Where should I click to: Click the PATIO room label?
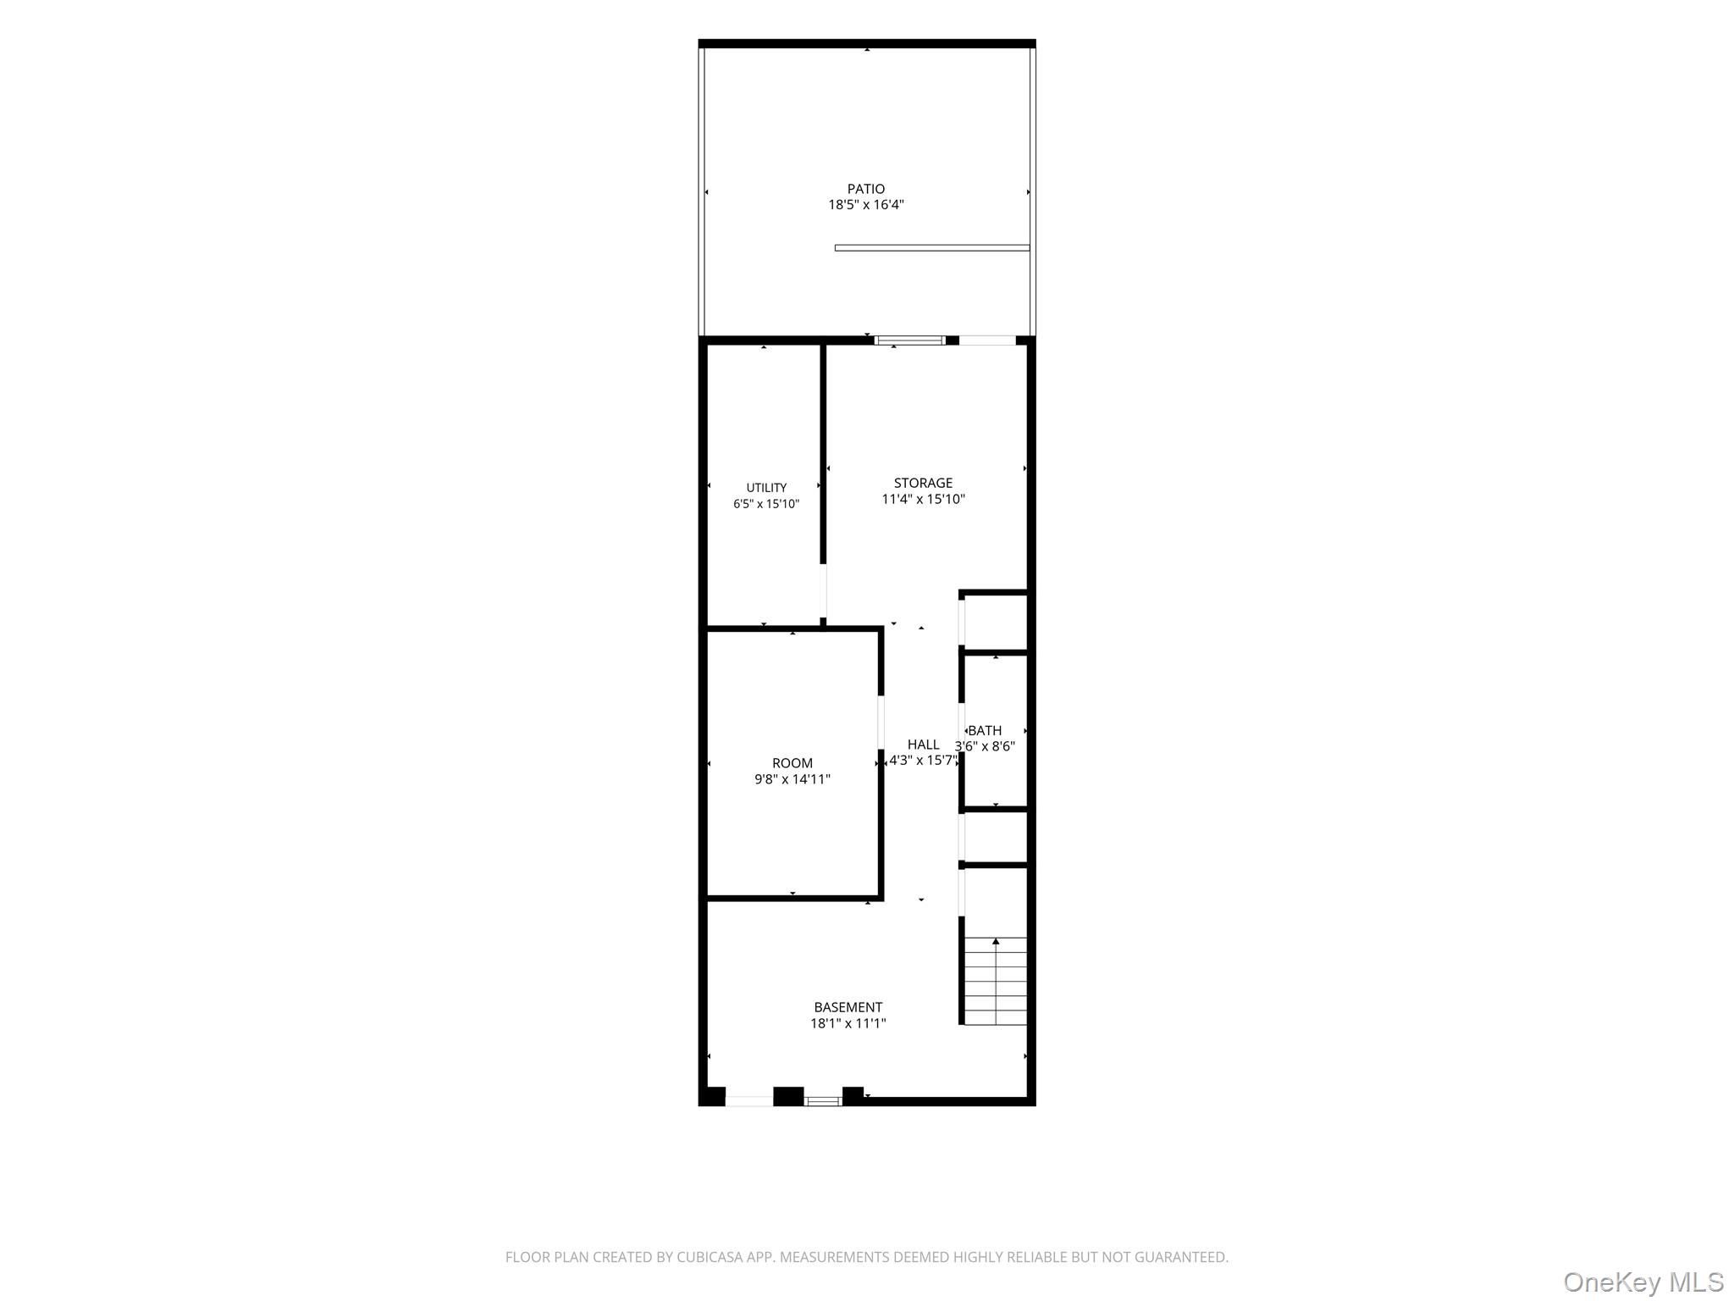tap(866, 189)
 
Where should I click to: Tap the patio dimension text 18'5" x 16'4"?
tap(866, 204)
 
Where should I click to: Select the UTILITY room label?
tap(766, 488)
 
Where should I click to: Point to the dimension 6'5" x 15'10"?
tap(766, 504)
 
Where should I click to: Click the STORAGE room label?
tap(923, 483)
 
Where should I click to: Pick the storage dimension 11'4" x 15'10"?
tap(923, 499)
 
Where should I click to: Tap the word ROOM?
tap(792, 763)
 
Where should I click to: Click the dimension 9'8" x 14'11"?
tap(792, 779)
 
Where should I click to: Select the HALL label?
tap(923, 745)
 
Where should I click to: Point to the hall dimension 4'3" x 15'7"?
tap(923, 761)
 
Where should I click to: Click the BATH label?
tap(985, 730)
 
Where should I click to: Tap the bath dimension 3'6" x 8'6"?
tap(985, 746)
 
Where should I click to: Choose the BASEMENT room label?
tap(848, 1007)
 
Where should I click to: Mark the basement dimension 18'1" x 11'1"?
tap(848, 1023)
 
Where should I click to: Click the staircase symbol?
tap(996, 981)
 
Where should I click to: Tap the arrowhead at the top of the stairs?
tap(996, 941)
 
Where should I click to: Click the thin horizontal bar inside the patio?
tap(932, 247)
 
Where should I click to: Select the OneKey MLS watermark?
tap(1643, 1282)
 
